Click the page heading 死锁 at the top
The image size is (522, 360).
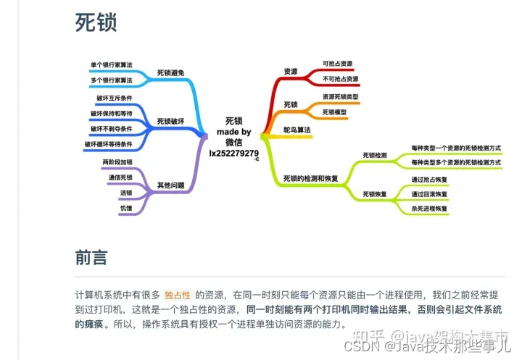96,22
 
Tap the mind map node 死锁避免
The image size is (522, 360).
171,72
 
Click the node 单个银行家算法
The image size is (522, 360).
112,65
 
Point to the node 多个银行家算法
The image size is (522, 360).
112,80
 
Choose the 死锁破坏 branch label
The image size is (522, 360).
171,120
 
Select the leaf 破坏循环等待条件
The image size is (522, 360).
109,144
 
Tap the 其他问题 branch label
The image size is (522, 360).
171,185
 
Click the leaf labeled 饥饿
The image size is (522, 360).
126,209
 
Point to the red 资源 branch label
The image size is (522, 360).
290,71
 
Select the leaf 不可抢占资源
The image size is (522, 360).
341,79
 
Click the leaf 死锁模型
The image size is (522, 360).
334,112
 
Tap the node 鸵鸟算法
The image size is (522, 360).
297,130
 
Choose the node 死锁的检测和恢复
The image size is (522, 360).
310,178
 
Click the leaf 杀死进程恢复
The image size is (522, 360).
430,209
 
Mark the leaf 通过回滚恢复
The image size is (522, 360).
430,194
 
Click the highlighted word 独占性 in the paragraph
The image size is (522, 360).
177,295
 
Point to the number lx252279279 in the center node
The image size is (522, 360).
233,153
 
